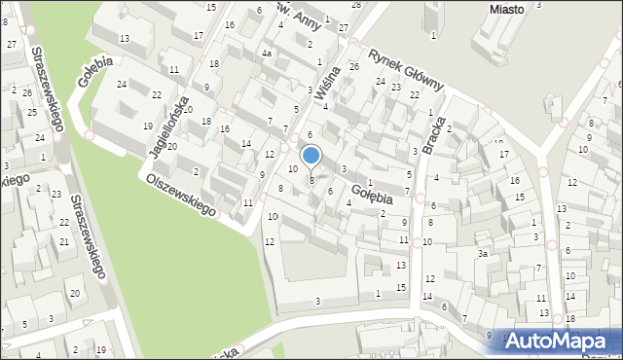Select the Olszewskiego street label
click(181, 196)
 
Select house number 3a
click(482, 254)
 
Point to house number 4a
click(266, 54)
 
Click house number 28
click(355, 5)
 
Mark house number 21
click(64, 240)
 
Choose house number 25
click(32, 112)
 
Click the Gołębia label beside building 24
click(97, 71)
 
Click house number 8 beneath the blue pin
click(311, 180)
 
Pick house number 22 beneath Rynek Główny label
click(415, 94)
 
